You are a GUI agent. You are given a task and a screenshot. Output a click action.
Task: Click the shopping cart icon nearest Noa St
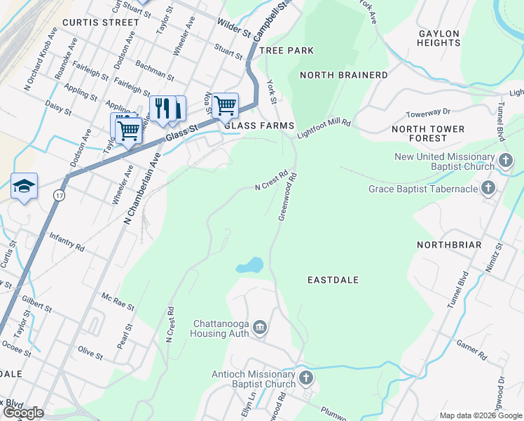pyautogui.click(x=225, y=105)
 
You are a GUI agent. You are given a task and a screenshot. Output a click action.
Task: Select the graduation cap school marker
pyautogui.click(x=24, y=187)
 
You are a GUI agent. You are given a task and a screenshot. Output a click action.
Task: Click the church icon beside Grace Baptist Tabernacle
pyautogui.click(x=489, y=187)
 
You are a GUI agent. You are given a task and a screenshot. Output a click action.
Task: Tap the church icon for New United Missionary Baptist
pyautogui.click(x=504, y=162)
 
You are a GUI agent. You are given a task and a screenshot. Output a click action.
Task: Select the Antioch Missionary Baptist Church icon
pyautogui.click(x=305, y=379)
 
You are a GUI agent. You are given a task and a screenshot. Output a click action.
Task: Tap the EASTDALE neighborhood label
pyautogui.click(x=333, y=280)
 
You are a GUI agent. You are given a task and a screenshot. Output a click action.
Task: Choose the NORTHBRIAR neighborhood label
pyautogui.click(x=448, y=245)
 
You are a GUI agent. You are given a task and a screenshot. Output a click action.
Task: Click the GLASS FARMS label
pyautogui.click(x=259, y=126)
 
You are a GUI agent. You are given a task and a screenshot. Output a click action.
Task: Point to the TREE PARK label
pyautogui.click(x=286, y=51)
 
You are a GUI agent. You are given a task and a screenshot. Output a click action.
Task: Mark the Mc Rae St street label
pyautogui.click(x=117, y=301)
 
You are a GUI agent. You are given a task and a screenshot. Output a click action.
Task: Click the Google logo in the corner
pyautogui.click(x=23, y=413)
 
